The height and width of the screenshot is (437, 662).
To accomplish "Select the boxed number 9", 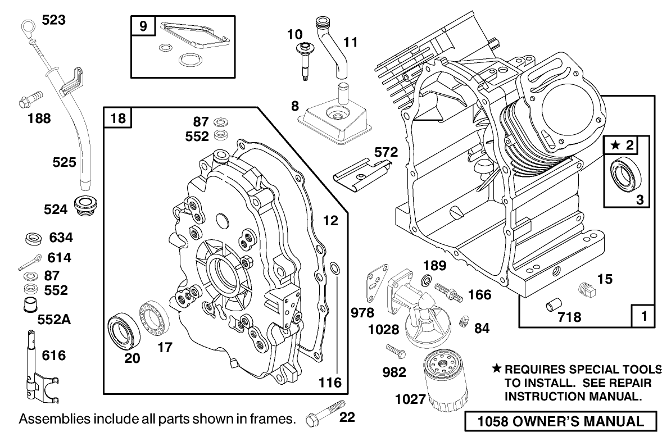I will pyautogui.click(x=143, y=26).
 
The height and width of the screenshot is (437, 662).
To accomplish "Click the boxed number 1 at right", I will pyautogui.click(x=642, y=316).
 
